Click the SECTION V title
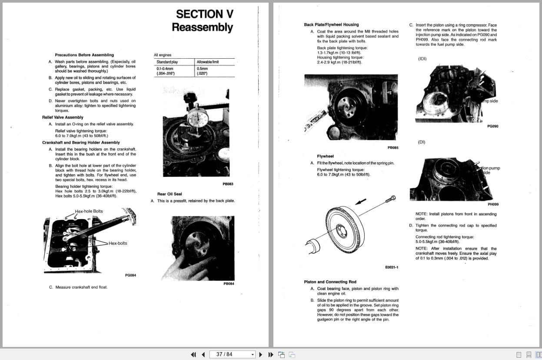pyautogui.click(x=204, y=14)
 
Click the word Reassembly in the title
pyautogui.click(x=202, y=27)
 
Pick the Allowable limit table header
pyautogui.click(x=208, y=62)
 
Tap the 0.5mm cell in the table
pyautogui.click(x=202, y=68)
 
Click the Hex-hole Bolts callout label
pyautogui.click(x=89, y=211)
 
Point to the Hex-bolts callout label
pyautogui.click(x=118, y=243)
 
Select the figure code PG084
pyautogui.click(x=130, y=275)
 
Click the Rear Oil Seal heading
pyautogui.click(x=170, y=194)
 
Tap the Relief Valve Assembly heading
pyautogui.click(x=63, y=117)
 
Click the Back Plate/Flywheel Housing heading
pyautogui.click(x=331, y=25)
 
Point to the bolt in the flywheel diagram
pyautogui.click(x=390, y=199)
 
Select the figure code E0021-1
pyautogui.click(x=392, y=267)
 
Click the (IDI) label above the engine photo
pyautogui.click(x=422, y=59)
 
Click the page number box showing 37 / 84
pyautogui.click(x=232, y=354)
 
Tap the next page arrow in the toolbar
pyautogui.click(x=261, y=354)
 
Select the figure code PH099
pyautogui.click(x=493, y=204)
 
